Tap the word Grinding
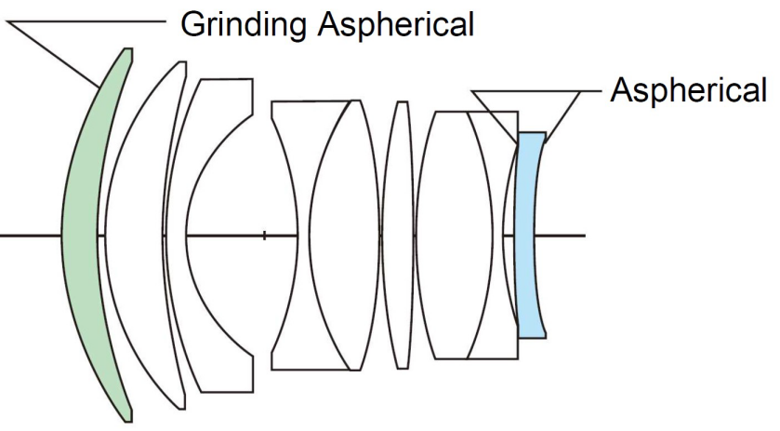pyautogui.click(x=243, y=24)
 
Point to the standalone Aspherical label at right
pyautogui.click(x=688, y=89)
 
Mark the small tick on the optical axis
pyautogui.click(x=264, y=236)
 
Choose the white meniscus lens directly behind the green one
pyautogui.click(x=134, y=236)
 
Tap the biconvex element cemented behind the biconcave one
pyautogui.click(x=343, y=236)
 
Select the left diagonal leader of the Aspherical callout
pyautogui.click(x=495, y=116)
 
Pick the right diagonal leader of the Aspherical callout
pyautogui.click(x=562, y=116)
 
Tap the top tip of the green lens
pyautogui.click(x=128, y=48)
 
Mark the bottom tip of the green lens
pyautogui.click(x=128, y=421)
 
